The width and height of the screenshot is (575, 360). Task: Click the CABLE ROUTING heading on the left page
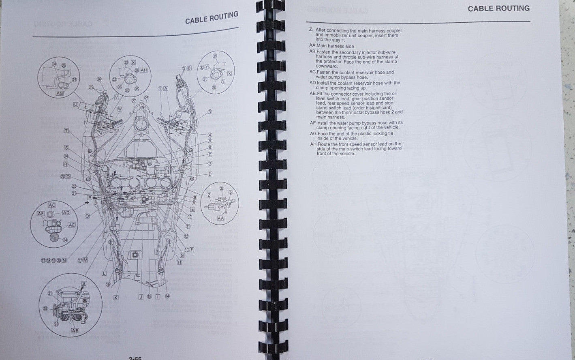click(x=212, y=18)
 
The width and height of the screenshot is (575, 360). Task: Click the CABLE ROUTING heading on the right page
click(x=498, y=9)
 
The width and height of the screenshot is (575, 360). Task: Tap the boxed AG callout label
click(x=60, y=94)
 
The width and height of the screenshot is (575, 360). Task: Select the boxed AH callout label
click(x=143, y=70)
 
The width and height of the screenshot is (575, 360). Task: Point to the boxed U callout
click(x=76, y=104)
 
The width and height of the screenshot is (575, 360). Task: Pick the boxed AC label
click(x=52, y=205)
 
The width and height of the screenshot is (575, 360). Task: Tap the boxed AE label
click(x=72, y=225)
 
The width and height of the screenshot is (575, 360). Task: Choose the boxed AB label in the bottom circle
click(x=75, y=330)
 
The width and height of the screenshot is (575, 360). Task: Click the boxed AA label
click(x=220, y=218)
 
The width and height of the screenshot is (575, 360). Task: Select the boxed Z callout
click(x=209, y=195)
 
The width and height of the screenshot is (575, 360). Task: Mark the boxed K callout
click(x=115, y=298)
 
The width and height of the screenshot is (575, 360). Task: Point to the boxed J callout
click(x=141, y=296)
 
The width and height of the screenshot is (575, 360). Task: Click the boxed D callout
click(x=210, y=174)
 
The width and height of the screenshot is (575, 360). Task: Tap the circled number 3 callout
click(x=209, y=111)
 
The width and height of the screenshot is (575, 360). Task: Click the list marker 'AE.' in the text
click(x=313, y=94)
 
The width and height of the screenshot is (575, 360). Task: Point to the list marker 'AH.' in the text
click(x=313, y=144)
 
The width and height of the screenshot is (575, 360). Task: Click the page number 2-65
click(x=135, y=358)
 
